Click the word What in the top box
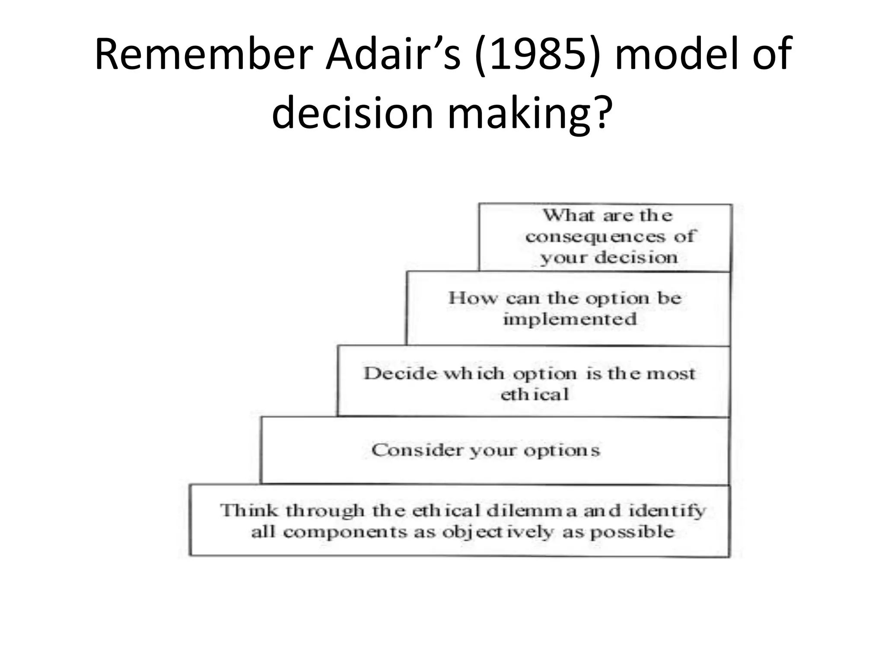click(569, 215)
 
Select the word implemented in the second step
click(570, 319)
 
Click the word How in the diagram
click(472, 298)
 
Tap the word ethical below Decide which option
click(535, 394)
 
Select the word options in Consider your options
click(562, 450)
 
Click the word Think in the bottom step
click(248, 511)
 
